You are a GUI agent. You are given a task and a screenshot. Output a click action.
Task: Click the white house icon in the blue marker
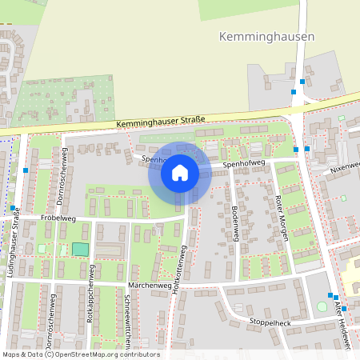179,173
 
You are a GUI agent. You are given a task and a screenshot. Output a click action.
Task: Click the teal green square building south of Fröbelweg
80,249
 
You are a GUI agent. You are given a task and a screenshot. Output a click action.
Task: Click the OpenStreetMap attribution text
80,354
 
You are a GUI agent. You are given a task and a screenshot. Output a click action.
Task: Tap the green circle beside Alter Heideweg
322,306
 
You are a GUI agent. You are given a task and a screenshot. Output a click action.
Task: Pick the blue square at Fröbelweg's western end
13,210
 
